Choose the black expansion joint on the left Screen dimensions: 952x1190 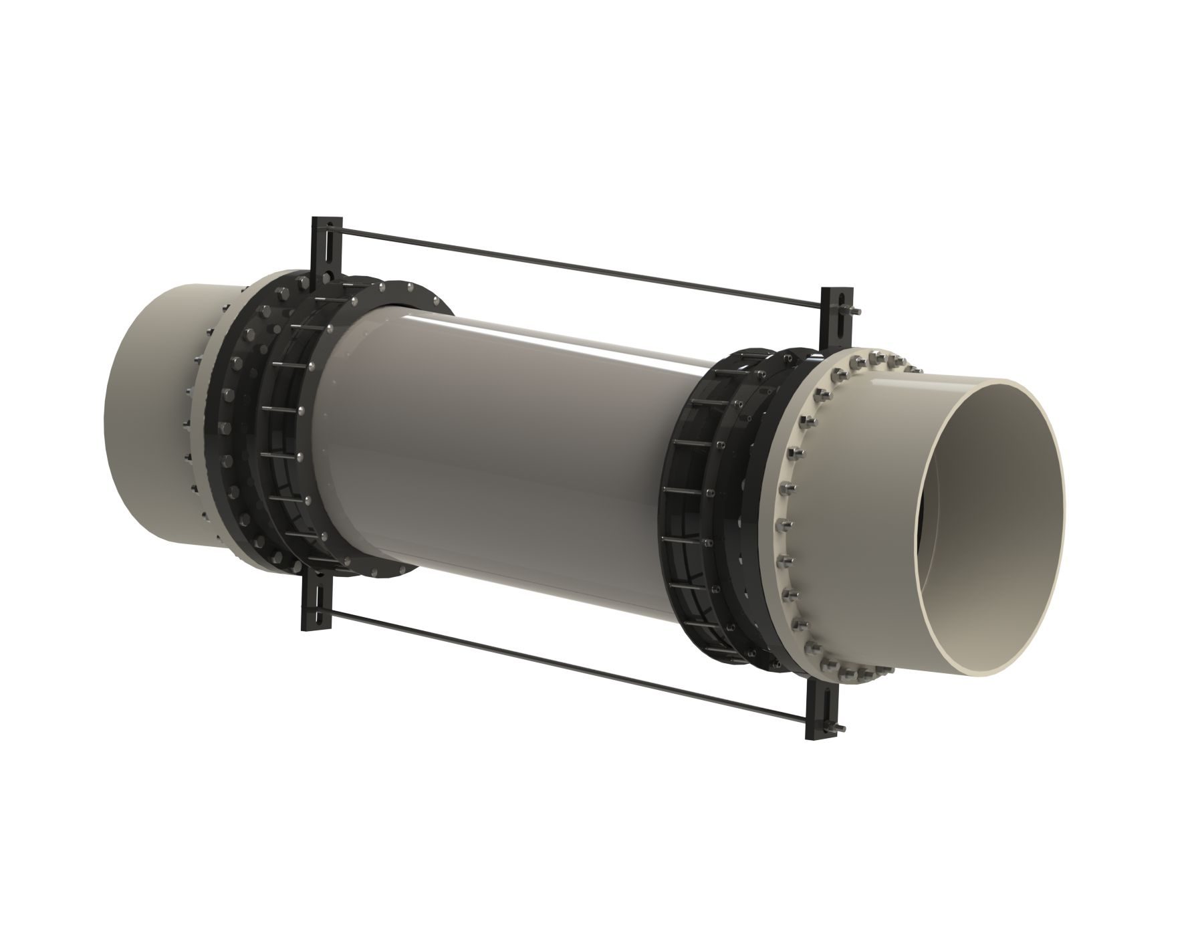point(281,414)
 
